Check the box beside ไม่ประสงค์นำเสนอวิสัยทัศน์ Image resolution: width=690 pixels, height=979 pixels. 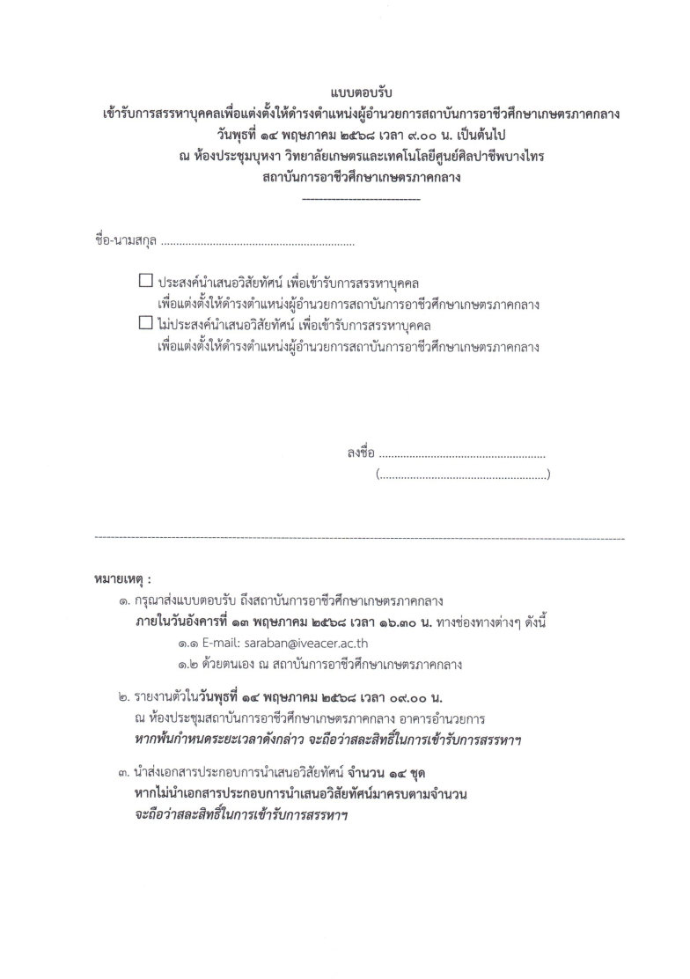[146, 323]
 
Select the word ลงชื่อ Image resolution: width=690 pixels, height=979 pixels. [361, 454]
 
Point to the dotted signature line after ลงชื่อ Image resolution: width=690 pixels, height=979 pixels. [461, 456]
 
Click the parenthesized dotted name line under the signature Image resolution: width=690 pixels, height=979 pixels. [462, 475]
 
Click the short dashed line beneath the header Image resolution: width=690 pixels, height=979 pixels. [360, 199]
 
